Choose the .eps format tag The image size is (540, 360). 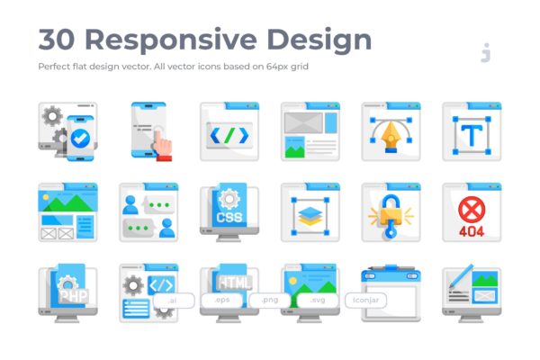coord(221,301)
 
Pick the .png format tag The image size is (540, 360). coord(270,301)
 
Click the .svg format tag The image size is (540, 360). coord(318,301)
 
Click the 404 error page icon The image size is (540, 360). coord(472,213)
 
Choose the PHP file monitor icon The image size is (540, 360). coord(67,293)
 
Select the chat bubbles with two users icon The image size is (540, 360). coord(148,213)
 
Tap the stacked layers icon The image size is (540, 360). coord(310,213)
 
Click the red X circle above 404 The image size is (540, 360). coord(472,206)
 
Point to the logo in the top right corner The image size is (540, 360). coord(486,53)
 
